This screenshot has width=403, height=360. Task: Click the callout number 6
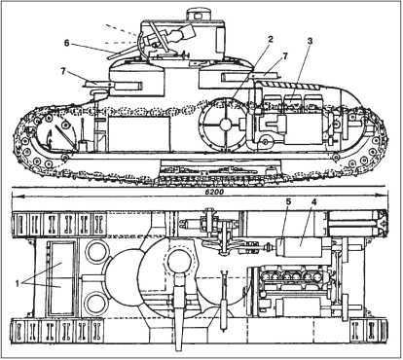[x=67, y=43]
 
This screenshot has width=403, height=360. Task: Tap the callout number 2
[x=270, y=39]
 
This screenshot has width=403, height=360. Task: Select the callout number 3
[x=310, y=41]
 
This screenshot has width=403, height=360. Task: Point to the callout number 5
[x=289, y=201]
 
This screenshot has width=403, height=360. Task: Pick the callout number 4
[x=313, y=201]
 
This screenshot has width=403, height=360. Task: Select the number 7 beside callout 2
[x=285, y=55]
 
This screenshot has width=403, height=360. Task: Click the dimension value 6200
[x=215, y=192]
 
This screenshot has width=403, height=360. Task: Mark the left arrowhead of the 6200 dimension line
[x=15, y=196]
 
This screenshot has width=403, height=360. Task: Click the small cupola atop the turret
[x=198, y=15]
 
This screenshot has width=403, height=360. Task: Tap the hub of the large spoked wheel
[x=225, y=124]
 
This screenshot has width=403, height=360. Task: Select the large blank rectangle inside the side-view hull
[x=139, y=133]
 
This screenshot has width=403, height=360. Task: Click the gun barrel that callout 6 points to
[x=125, y=53]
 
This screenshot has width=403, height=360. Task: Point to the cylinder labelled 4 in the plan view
[x=300, y=247]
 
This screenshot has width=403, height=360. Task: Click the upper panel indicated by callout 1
[x=61, y=260]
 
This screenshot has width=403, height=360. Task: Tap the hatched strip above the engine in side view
[x=290, y=86]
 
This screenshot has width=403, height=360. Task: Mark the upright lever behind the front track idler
[x=83, y=132]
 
